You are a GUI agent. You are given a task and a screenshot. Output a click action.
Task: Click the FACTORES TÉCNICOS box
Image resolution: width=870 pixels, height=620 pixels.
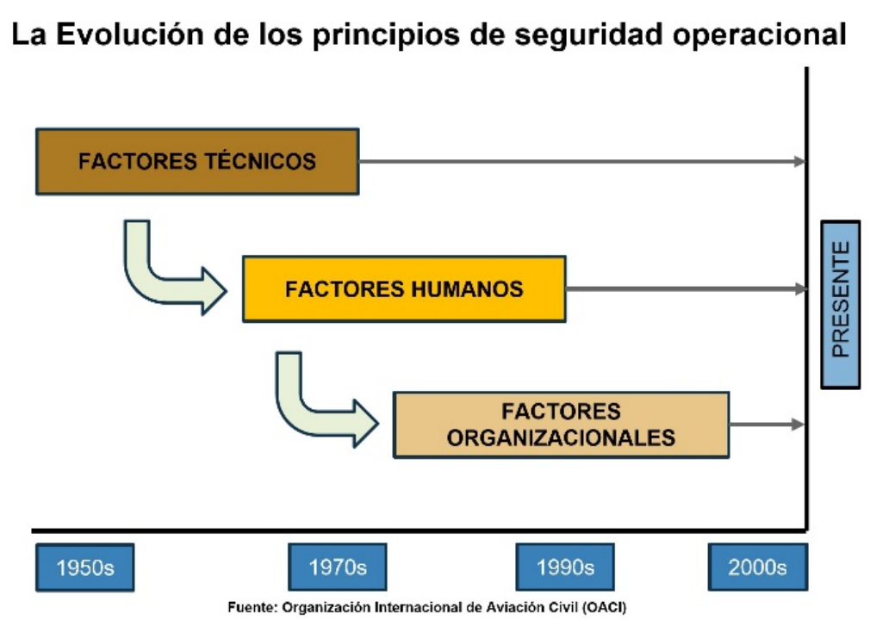[x=197, y=161]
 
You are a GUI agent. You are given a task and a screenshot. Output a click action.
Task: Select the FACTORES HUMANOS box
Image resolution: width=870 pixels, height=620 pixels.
[x=405, y=289]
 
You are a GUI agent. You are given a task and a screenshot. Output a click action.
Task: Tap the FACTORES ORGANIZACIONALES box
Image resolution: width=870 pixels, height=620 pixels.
[x=561, y=425]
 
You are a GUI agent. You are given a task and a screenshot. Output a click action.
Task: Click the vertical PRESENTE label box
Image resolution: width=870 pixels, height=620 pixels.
[x=841, y=305]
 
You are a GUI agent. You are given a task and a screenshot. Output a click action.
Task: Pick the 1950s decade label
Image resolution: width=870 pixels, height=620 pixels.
[x=85, y=567]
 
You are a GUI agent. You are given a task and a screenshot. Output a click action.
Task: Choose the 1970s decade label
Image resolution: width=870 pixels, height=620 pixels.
[x=338, y=567]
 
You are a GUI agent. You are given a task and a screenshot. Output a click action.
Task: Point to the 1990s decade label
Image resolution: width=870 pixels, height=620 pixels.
[x=565, y=567]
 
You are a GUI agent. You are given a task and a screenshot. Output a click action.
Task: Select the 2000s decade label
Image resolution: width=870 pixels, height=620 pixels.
[x=757, y=567]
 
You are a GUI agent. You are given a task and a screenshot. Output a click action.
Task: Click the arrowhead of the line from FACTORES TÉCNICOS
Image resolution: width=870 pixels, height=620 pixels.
[x=799, y=161]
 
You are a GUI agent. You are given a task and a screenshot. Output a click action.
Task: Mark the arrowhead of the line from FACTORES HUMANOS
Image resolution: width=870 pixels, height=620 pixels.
[x=800, y=289]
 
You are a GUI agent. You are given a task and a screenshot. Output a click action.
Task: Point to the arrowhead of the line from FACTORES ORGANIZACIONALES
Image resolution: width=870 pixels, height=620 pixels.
[x=798, y=425]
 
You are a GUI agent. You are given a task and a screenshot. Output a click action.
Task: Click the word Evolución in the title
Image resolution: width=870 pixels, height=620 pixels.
[x=130, y=34]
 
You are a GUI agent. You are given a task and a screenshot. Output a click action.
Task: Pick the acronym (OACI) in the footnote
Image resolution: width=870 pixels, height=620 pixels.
[x=604, y=608]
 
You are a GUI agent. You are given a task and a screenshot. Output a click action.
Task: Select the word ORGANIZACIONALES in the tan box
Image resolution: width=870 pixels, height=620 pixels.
[x=561, y=438]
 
